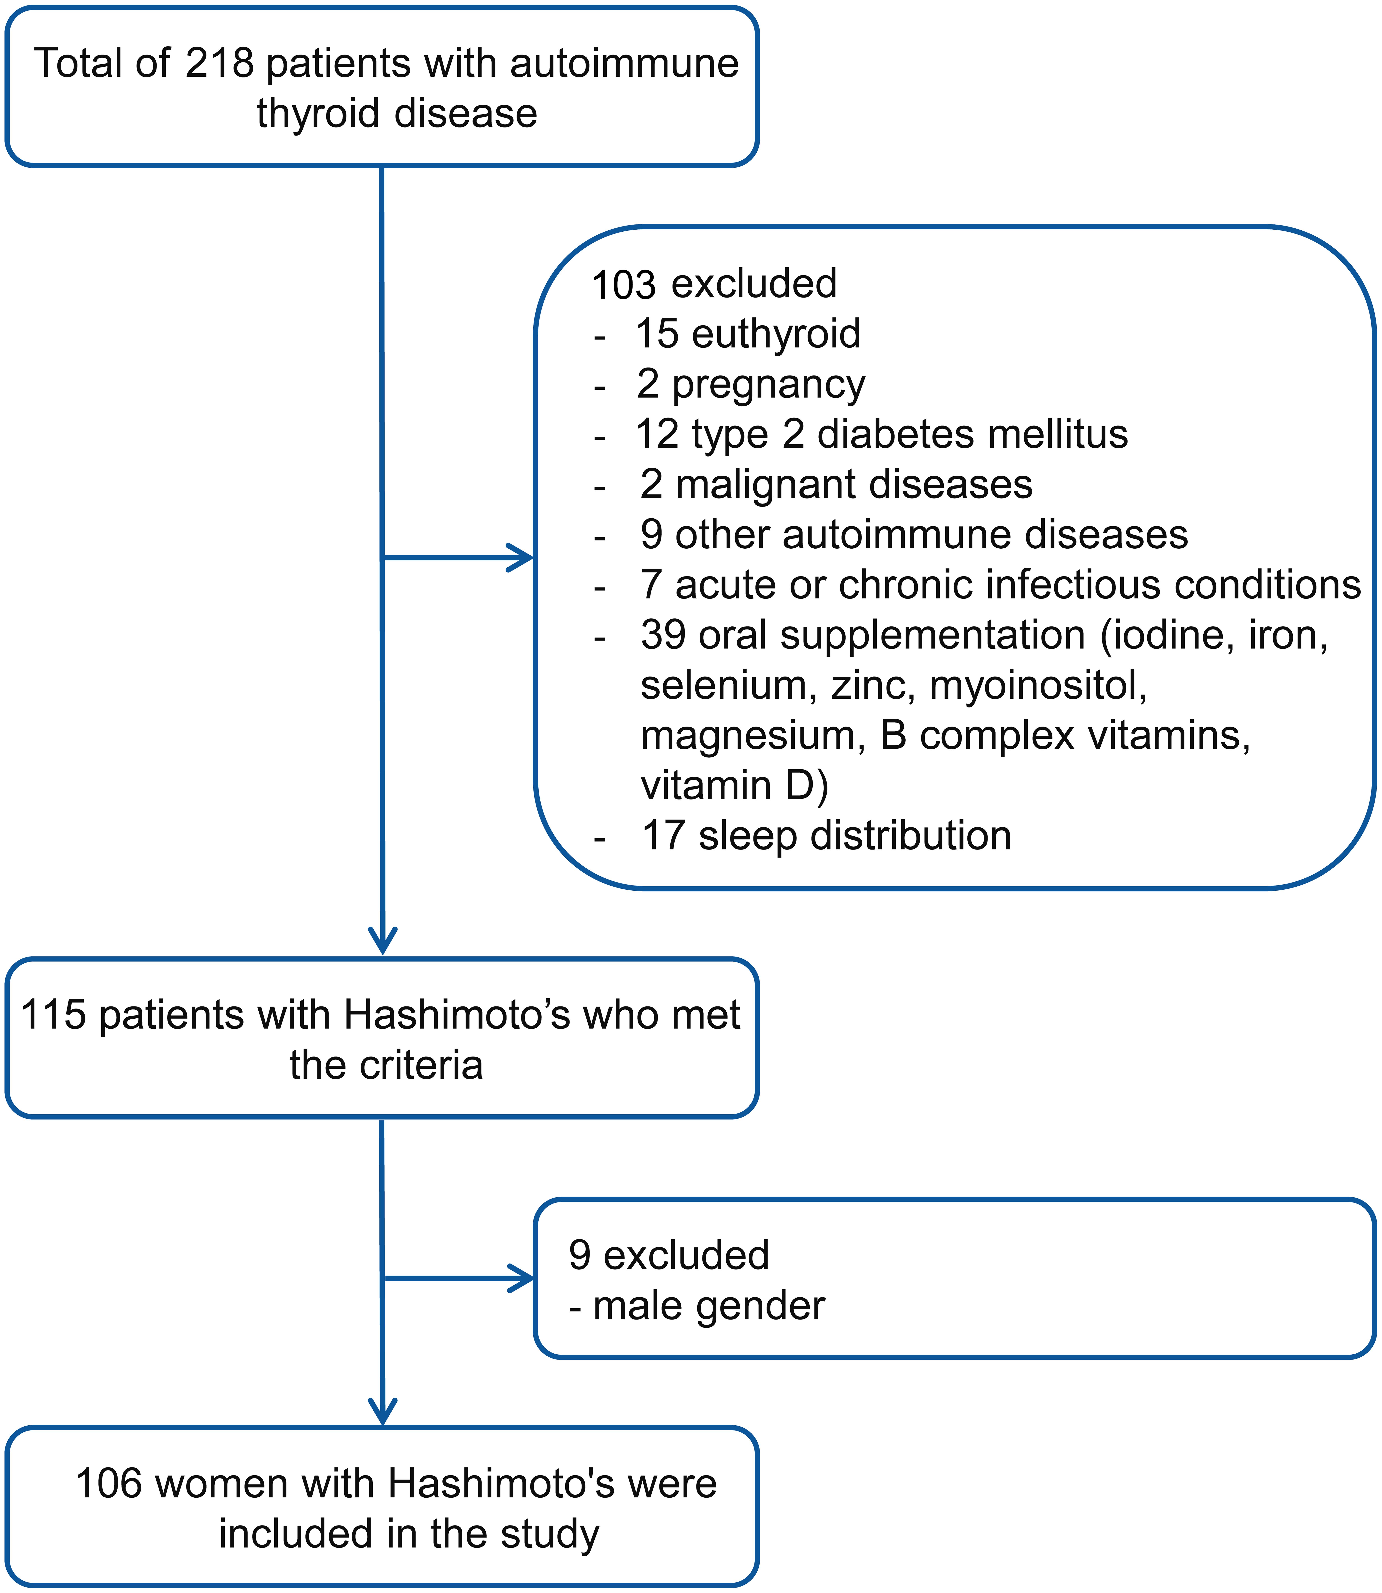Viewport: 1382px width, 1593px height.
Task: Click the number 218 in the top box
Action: click(220, 63)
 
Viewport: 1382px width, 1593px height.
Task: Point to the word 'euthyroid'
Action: click(776, 334)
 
